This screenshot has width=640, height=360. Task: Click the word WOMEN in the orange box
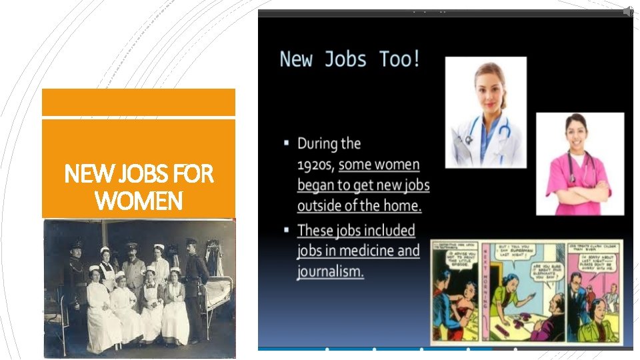[x=139, y=199]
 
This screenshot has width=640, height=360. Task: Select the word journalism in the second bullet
[x=330, y=271]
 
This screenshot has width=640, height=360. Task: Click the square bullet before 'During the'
[x=286, y=143]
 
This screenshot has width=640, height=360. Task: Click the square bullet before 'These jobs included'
[x=286, y=230]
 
